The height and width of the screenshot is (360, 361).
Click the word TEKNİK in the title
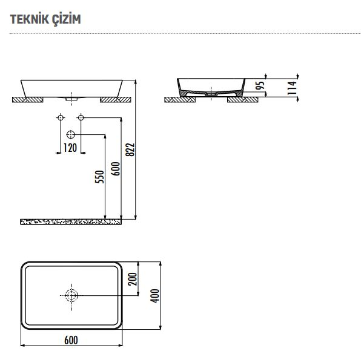pyautogui.click(x=27, y=19)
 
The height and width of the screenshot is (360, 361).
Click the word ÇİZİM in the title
pyautogui.click(x=64, y=19)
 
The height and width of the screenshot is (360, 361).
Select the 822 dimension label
pyautogui.click(x=130, y=150)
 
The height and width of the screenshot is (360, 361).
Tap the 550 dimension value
pyautogui.click(x=100, y=177)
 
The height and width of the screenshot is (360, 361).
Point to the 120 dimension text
pyautogui.click(x=70, y=148)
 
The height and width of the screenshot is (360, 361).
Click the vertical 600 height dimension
pyautogui.click(x=116, y=169)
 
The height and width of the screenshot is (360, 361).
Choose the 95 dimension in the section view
pyautogui.click(x=260, y=85)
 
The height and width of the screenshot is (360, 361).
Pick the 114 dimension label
pyautogui.click(x=292, y=88)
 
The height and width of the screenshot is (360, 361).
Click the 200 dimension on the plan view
pyautogui.click(x=133, y=279)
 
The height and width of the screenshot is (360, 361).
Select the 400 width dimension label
pyautogui.click(x=154, y=296)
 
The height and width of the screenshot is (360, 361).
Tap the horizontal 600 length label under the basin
pyautogui.click(x=71, y=340)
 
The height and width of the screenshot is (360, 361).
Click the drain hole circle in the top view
pyautogui.click(x=71, y=295)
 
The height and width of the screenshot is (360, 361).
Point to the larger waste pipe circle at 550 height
pyautogui.click(x=71, y=134)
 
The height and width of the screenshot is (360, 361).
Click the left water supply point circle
pyautogui.click(x=61, y=117)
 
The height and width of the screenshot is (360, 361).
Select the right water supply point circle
pyautogui.click(x=81, y=117)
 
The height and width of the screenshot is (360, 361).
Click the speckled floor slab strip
pyautogui.click(x=71, y=222)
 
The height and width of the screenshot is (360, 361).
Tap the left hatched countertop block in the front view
pyautogui.click(x=28, y=100)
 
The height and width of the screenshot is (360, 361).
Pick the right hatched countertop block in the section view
pyautogui.click(x=243, y=100)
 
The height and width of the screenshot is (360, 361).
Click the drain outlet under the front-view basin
pyautogui.click(x=71, y=99)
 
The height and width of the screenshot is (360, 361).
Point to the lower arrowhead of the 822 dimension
pyautogui.click(x=136, y=217)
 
